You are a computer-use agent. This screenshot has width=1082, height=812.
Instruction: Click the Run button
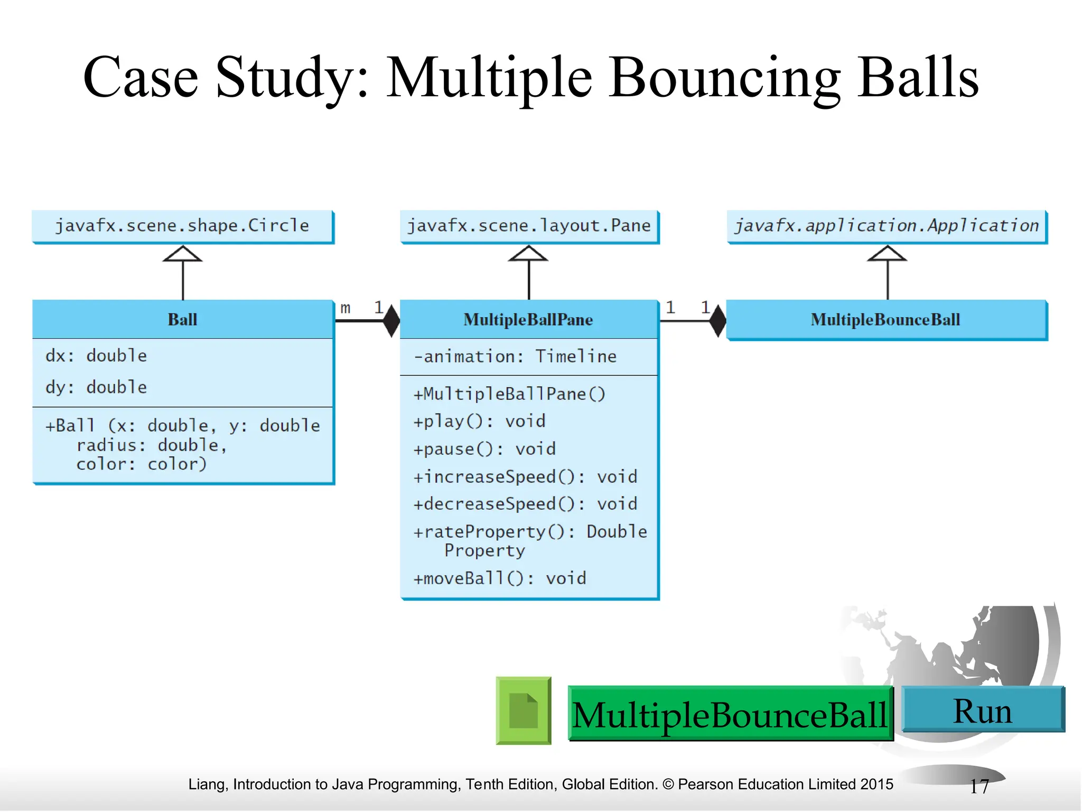(983, 710)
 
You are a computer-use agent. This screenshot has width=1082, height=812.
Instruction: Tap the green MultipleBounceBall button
(730, 714)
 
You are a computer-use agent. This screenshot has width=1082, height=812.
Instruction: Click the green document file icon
(523, 710)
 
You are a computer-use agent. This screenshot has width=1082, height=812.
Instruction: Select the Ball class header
(182, 320)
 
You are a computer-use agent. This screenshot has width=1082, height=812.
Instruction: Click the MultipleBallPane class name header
(528, 320)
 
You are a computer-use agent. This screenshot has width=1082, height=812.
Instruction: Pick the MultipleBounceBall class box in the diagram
(886, 320)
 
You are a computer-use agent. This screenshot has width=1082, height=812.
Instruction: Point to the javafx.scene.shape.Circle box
(182, 226)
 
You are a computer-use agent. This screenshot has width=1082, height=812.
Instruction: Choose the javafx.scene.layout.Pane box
(529, 226)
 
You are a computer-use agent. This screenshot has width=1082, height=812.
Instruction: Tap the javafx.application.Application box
(887, 226)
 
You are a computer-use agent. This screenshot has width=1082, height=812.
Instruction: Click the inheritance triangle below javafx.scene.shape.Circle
(183, 254)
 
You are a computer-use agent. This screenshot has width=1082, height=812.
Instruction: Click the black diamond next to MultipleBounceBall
(717, 321)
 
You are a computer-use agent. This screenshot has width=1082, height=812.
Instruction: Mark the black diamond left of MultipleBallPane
(391, 321)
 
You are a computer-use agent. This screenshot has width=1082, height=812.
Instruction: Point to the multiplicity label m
(346, 308)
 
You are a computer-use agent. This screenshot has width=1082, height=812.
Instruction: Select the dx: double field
(97, 356)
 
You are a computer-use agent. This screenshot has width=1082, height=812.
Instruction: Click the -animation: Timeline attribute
(515, 357)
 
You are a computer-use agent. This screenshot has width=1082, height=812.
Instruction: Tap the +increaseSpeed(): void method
(525, 477)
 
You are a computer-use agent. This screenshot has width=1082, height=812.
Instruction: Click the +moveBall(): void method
(500, 578)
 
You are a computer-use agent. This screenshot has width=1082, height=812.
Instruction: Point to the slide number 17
(979, 787)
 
